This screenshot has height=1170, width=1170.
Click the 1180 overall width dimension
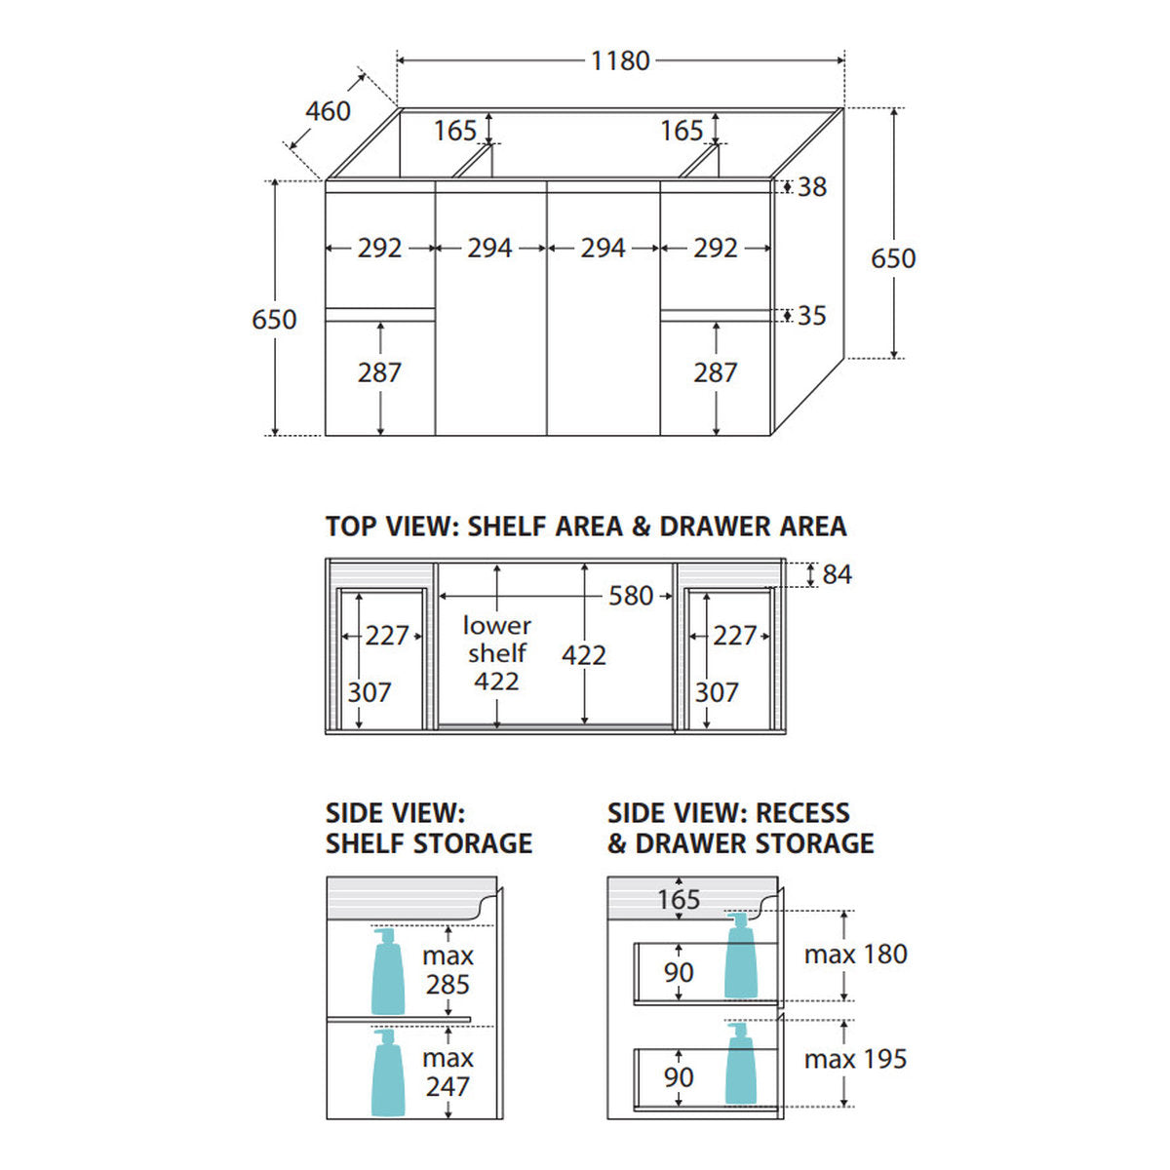620,60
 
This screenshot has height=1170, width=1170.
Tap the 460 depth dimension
328,111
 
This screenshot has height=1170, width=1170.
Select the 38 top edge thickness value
812,187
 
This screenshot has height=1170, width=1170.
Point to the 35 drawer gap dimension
812,316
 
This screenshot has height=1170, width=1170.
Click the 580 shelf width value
631,596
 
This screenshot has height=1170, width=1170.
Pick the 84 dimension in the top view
837,574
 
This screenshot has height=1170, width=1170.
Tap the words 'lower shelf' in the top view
496,639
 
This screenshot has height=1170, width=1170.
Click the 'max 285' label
448,969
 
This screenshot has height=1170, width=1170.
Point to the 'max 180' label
855,955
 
